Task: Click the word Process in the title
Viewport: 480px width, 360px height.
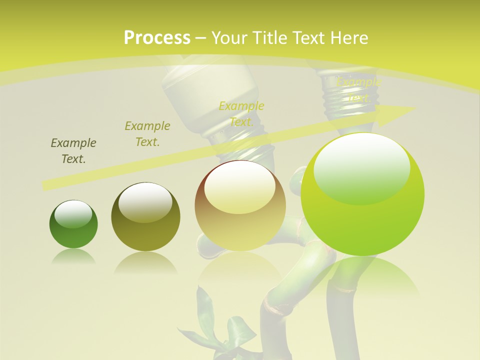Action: (157, 38)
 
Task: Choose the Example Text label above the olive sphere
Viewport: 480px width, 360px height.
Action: (147, 133)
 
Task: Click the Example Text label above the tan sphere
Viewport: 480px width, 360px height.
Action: (241, 113)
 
